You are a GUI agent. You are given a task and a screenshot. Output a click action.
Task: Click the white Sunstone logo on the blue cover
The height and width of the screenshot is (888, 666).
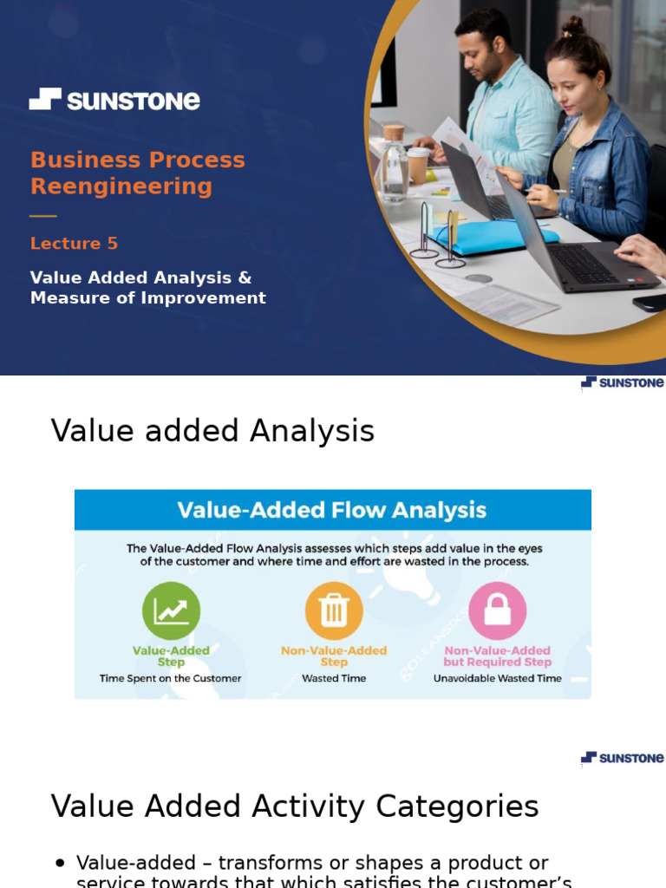click(114, 100)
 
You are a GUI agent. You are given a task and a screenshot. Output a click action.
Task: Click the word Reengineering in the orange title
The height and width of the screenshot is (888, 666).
click(121, 186)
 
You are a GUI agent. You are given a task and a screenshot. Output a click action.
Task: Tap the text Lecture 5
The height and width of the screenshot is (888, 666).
click(74, 244)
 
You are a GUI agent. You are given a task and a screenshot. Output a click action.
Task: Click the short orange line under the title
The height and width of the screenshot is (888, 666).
click(42, 215)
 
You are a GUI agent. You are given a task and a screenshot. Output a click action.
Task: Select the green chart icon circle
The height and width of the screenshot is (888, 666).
click(171, 610)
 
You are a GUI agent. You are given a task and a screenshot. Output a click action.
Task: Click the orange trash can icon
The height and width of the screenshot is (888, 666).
click(334, 610)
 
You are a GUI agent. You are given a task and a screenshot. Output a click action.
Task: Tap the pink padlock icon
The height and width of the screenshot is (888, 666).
click(497, 610)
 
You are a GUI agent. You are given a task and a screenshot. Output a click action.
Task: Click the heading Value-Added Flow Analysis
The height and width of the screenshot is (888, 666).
click(332, 510)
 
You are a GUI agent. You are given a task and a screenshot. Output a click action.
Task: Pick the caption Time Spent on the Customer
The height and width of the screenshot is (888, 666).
click(171, 678)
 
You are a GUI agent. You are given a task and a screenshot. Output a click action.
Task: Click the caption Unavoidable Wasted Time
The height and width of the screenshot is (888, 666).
click(498, 678)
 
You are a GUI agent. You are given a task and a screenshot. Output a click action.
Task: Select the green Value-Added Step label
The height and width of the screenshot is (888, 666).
click(171, 656)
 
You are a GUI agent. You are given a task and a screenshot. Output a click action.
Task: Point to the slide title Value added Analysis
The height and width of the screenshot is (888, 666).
click(212, 430)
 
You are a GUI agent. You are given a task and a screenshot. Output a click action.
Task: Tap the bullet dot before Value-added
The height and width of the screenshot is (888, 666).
click(60, 863)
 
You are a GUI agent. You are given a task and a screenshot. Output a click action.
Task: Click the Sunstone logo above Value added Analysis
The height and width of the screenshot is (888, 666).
click(622, 382)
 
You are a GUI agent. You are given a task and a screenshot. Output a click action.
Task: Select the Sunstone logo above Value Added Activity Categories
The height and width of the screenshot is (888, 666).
click(622, 758)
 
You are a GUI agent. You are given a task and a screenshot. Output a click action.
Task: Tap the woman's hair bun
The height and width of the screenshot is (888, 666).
click(573, 26)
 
